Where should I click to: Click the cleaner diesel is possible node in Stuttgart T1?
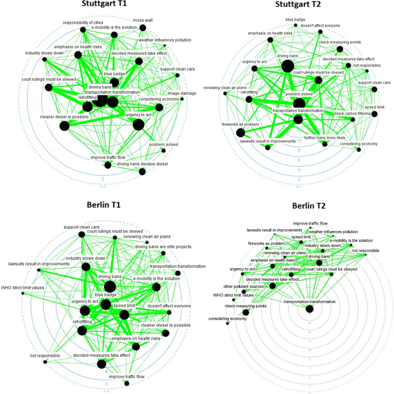click(x=63, y=126)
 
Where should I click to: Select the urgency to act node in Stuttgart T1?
click(x=138, y=123)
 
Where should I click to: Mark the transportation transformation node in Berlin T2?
click(x=310, y=309)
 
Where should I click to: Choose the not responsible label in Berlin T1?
click(x=45, y=356)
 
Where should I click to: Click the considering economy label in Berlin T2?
click(x=227, y=318)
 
